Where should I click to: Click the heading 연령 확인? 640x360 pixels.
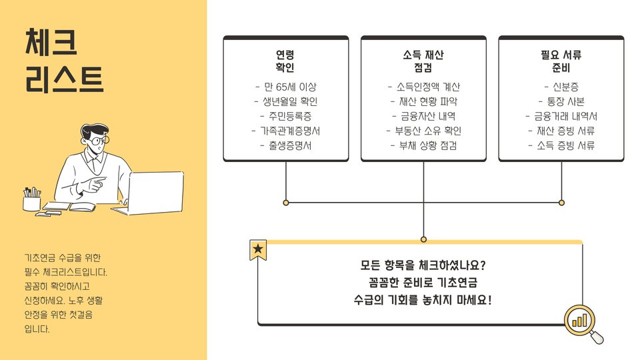coord(285,61)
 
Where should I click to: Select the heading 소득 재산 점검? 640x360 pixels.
coord(423,61)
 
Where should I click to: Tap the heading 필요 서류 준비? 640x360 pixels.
coord(561,61)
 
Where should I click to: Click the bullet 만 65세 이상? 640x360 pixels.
coord(285,87)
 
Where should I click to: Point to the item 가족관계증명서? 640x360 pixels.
coord(285,131)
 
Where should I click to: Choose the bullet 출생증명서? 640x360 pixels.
coord(285,145)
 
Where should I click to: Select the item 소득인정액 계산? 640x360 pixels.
coord(423,87)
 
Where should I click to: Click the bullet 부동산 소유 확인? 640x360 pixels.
coord(423,131)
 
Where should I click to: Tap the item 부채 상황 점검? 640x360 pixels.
coord(423,145)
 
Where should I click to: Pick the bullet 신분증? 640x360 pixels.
coord(561,87)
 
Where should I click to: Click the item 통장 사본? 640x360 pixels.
coord(561,102)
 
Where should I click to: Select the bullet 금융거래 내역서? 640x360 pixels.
coord(561,116)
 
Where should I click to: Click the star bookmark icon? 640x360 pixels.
coord(258,250)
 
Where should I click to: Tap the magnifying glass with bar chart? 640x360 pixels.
coord(583,323)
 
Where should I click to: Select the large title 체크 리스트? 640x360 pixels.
coord(64,61)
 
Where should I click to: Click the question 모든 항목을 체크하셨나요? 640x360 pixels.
coord(423,264)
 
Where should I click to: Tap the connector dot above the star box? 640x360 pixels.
coord(423,239)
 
